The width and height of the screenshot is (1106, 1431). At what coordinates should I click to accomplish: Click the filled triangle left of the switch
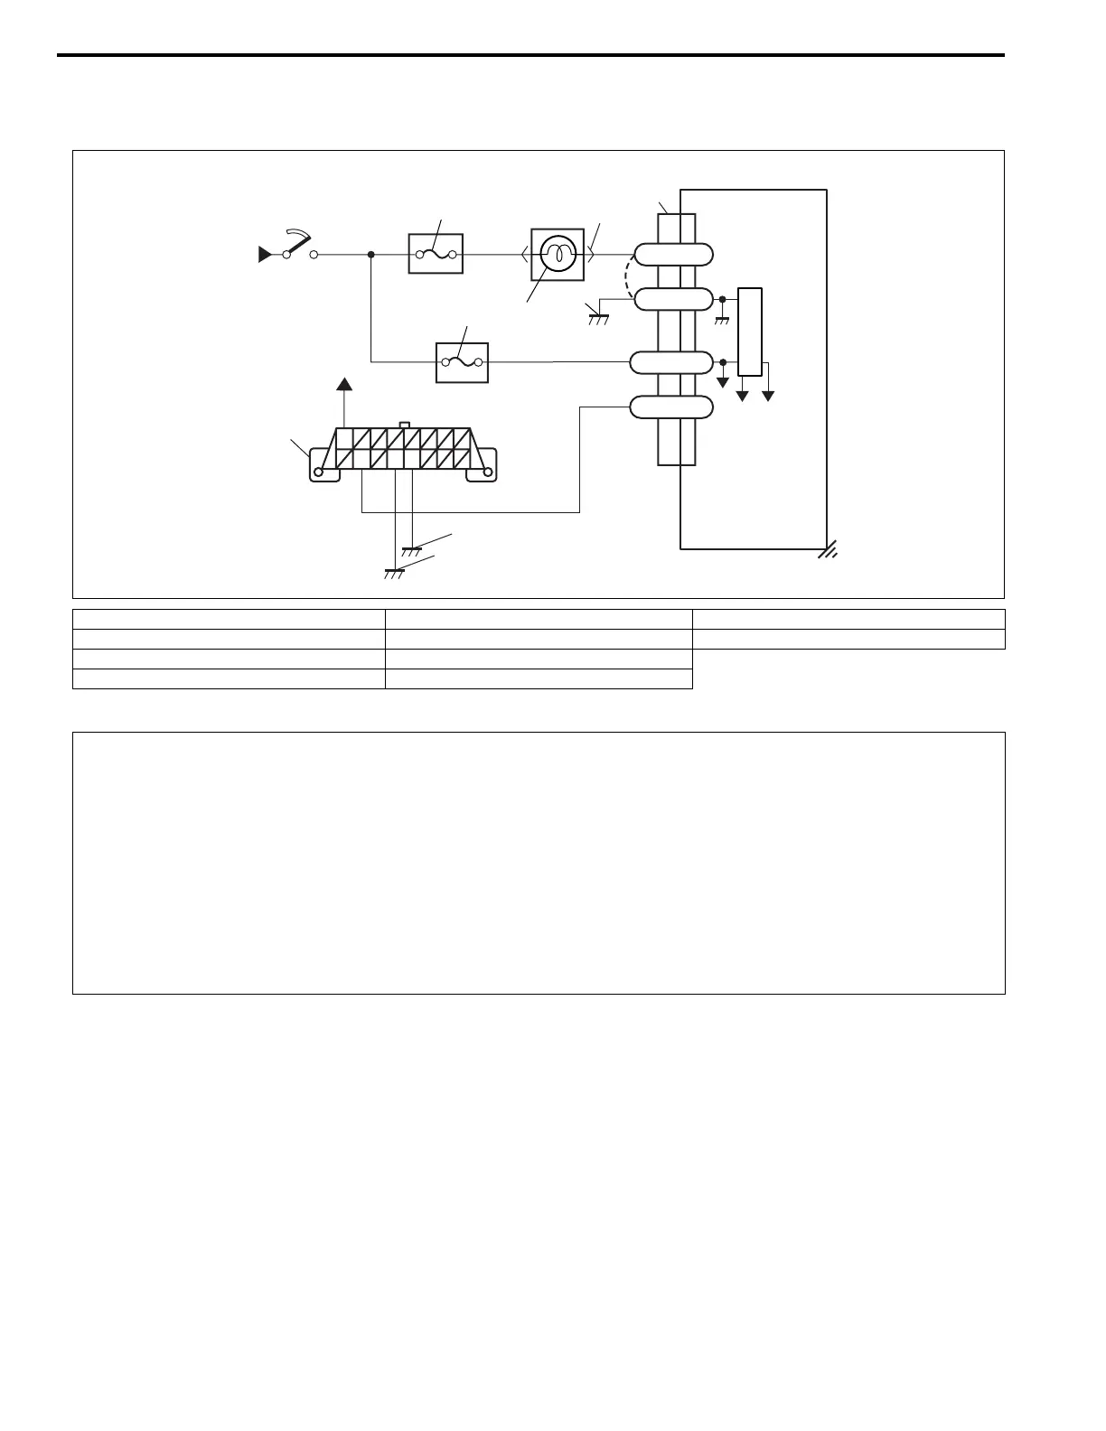click(265, 256)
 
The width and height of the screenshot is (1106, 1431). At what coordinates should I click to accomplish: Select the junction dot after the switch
click(371, 255)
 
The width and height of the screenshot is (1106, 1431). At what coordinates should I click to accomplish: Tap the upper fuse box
click(436, 255)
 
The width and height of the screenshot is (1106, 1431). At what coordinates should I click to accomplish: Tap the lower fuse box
click(462, 362)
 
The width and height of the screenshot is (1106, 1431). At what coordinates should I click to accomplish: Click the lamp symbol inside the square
click(558, 255)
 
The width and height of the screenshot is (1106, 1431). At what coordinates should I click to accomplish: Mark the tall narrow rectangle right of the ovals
click(750, 332)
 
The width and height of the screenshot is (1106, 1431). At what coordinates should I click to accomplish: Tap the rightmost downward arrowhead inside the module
click(769, 394)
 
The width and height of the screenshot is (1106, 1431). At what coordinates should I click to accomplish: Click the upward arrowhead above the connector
click(344, 385)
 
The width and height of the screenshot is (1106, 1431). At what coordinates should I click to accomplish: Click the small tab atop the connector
click(405, 424)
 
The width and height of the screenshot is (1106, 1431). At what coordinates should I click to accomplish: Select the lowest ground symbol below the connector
click(394, 572)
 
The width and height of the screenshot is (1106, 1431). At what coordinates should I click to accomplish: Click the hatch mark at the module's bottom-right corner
click(828, 550)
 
